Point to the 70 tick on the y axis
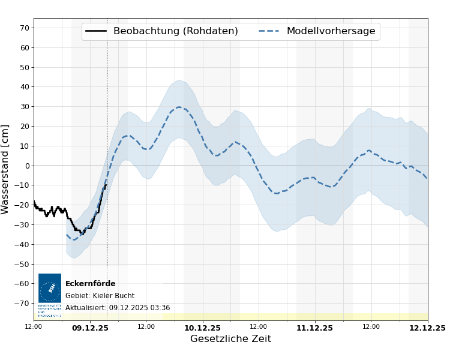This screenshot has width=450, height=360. [25, 28]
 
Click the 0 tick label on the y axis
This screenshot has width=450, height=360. [26, 166]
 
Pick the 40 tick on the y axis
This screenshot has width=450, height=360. [25, 86]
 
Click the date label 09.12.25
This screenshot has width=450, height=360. [90, 328]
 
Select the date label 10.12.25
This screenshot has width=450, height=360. [202, 328]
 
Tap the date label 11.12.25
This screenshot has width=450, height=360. [314, 328]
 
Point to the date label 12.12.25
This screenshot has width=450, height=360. [427, 328]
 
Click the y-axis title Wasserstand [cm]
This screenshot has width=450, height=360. [6, 169]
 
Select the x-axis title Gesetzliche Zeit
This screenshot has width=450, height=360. [230, 339]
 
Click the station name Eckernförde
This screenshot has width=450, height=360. [90, 284]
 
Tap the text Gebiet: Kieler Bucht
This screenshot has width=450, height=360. [100, 296]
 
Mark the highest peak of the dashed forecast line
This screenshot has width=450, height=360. [179, 107]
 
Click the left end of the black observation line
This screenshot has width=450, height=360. [34, 202]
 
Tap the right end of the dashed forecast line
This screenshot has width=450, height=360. [427, 179]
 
